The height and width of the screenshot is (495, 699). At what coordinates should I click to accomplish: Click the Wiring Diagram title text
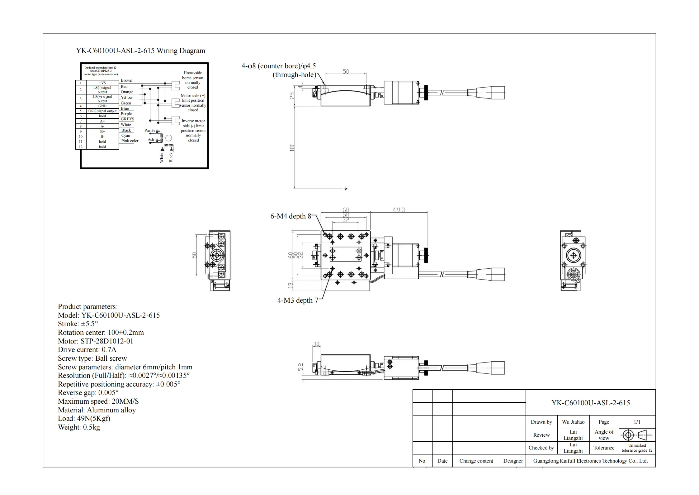click(140, 51)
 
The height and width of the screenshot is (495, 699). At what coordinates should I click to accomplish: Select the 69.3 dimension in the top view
click(399, 210)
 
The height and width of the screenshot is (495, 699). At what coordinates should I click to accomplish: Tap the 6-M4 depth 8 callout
click(290, 216)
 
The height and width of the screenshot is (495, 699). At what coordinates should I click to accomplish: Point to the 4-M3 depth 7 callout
click(297, 300)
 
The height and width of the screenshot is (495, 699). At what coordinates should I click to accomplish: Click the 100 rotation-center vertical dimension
click(292, 147)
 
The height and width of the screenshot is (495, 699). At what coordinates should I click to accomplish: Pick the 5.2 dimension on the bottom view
click(300, 367)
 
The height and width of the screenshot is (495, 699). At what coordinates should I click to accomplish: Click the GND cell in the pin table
click(102, 106)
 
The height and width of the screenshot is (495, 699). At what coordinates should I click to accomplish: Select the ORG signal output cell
click(102, 111)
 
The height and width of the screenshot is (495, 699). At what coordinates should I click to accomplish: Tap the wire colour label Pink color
click(130, 141)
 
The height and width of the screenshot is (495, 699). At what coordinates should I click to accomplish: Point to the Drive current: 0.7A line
click(87, 349)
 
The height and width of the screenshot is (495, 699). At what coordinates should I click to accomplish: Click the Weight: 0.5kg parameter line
click(79, 427)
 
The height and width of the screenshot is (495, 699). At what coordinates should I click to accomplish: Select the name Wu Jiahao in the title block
click(573, 422)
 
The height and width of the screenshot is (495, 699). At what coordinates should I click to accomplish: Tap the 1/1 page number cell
click(637, 422)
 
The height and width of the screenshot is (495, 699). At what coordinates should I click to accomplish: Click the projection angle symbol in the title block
click(637, 435)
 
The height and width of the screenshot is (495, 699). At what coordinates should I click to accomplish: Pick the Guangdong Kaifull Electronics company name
click(590, 461)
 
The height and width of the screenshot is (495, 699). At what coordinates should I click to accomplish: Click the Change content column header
click(476, 461)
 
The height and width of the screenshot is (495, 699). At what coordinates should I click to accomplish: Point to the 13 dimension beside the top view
click(290, 285)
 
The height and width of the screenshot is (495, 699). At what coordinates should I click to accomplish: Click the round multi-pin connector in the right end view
click(573, 274)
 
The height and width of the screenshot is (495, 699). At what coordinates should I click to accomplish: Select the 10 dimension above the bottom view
click(316, 344)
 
